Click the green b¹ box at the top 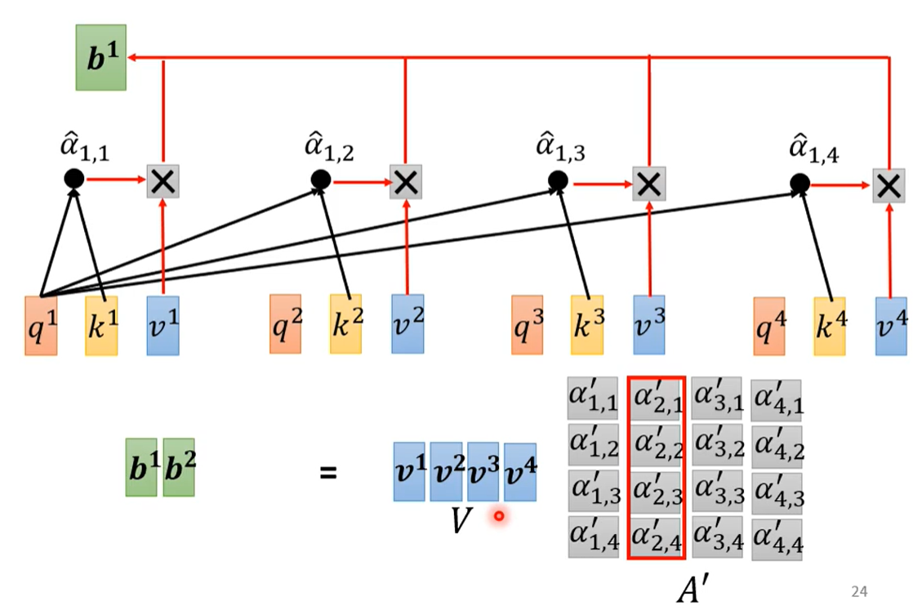100,57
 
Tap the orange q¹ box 41,324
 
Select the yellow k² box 345,324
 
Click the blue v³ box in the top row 648,325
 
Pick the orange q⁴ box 769,326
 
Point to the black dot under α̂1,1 74,179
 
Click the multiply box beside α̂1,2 405,181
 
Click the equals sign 327,471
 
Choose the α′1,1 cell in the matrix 594,399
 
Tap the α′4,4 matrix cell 777,539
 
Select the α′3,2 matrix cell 716,444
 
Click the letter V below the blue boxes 461,520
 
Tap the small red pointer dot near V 498,516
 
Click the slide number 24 858,591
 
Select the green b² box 179,468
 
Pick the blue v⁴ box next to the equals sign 520,471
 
